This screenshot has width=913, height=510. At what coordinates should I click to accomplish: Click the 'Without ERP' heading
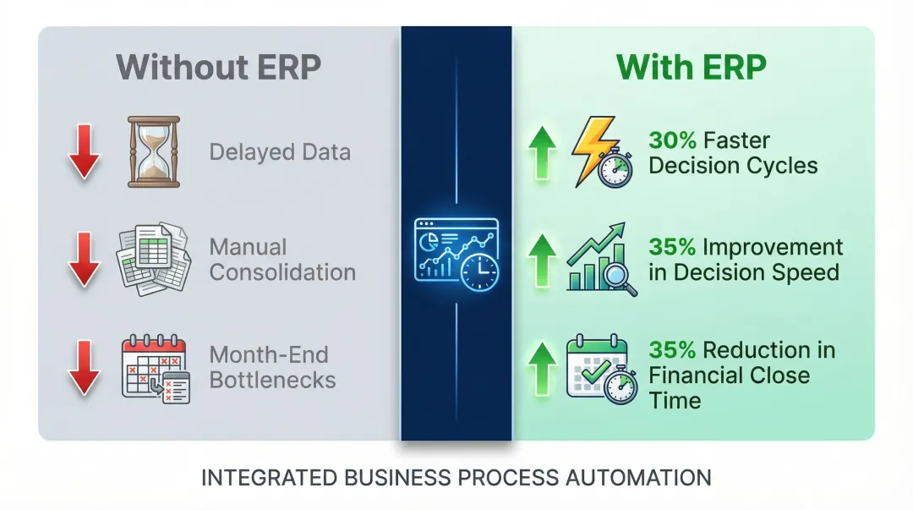(218, 67)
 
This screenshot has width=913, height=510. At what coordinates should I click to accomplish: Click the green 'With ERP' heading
(692, 67)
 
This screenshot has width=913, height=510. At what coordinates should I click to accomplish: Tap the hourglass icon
(154, 151)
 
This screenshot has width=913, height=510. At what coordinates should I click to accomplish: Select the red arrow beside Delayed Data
(85, 151)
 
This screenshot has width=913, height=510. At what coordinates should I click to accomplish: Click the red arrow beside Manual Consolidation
(85, 260)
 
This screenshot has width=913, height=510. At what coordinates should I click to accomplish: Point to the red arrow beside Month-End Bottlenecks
(85, 368)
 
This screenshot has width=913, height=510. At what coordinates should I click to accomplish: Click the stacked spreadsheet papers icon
(154, 258)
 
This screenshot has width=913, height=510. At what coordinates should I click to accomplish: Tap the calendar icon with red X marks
(156, 369)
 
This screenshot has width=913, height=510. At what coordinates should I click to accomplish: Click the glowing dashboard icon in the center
(456, 255)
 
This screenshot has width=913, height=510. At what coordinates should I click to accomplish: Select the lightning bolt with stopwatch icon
(602, 151)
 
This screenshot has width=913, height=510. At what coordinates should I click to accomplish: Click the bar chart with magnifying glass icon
(602, 259)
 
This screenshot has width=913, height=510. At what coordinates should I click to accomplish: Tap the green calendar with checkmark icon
(602, 369)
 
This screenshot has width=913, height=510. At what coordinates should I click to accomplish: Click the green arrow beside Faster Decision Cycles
(542, 153)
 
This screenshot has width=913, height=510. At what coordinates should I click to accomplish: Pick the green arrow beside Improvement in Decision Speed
(542, 260)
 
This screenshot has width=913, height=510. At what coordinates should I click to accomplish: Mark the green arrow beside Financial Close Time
(542, 369)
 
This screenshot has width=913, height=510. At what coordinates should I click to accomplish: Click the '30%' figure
(673, 140)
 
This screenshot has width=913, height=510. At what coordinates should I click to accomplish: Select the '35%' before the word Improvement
(673, 247)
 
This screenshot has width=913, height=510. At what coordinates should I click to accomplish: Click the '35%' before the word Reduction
(673, 350)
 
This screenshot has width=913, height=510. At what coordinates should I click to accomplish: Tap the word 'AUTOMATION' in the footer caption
(638, 478)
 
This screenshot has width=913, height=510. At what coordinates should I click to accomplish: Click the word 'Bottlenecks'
(272, 380)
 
